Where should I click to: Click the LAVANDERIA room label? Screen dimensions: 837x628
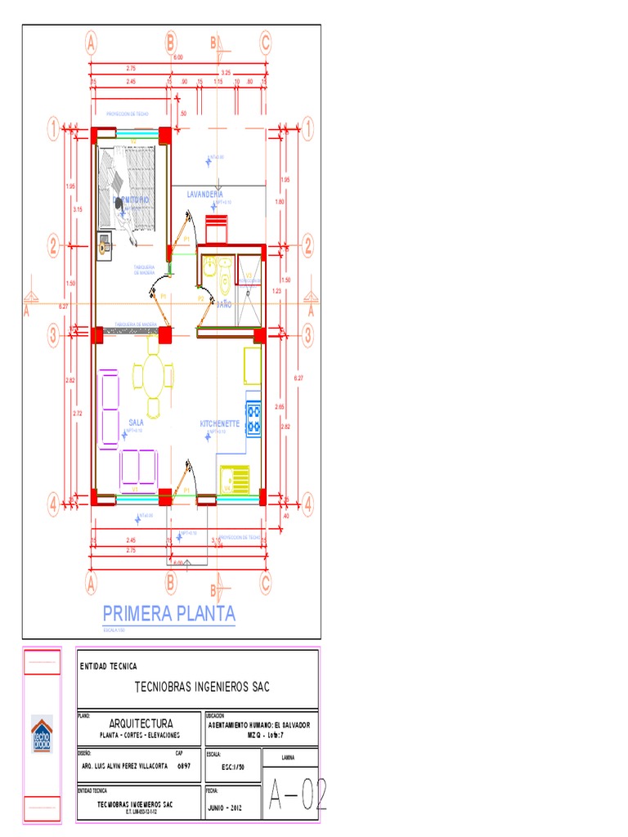pyautogui.click(x=210, y=195)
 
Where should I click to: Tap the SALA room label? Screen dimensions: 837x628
pyautogui.click(x=136, y=423)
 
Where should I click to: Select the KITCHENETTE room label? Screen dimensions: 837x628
pyautogui.click(x=220, y=424)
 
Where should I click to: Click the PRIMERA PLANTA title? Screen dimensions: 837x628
pyautogui.click(x=168, y=613)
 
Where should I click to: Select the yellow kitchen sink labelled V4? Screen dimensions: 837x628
pyautogui.click(x=238, y=479)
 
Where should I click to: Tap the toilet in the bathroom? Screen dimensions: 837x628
pyautogui.click(x=225, y=283)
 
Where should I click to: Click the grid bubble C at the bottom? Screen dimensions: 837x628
pyautogui.click(x=265, y=582)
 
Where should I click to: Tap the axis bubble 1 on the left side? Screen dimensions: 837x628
pyautogui.click(x=53, y=128)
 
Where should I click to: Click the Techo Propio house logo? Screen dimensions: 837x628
pyautogui.click(x=42, y=735)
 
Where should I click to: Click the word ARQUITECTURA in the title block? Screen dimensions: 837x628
pyautogui.click(x=141, y=723)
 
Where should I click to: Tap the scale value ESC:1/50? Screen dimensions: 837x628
pyautogui.click(x=234, y=768)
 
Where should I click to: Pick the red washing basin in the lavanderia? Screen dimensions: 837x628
pyautogui.click(x=218, y=229)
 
